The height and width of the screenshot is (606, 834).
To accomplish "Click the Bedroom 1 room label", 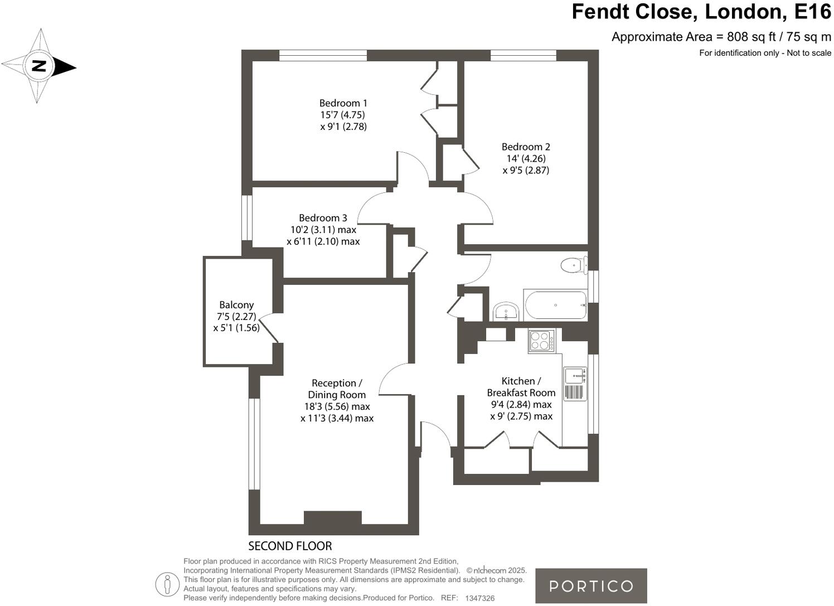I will (x=343, y=103).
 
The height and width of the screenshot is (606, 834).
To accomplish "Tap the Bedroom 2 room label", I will (x=526, y=147).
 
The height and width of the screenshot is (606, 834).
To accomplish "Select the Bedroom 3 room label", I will (x=323, y=218).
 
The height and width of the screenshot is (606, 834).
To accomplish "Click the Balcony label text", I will (x=236, y=305).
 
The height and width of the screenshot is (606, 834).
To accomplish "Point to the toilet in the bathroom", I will (x=573, y=265).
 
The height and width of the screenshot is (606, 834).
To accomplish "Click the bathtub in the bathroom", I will (x=555, y=305).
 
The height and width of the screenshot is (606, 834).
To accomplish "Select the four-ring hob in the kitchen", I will (x=542, y=340).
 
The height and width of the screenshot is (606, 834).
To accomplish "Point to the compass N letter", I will (x=38, y=66).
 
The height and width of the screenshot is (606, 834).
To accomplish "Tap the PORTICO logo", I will (x=591, y=586).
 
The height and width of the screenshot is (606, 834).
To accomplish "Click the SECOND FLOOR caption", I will (x=290, y=546).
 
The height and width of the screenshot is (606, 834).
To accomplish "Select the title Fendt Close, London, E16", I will (x=701, y=12).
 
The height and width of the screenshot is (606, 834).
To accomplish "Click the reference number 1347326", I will (x=479, y=598).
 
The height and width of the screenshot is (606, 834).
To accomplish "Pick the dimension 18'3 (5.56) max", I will (x=337, y=406).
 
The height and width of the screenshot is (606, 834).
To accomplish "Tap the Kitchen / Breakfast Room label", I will (x=521, y=387).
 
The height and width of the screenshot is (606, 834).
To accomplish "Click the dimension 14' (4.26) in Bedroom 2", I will (x=526, y=158).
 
